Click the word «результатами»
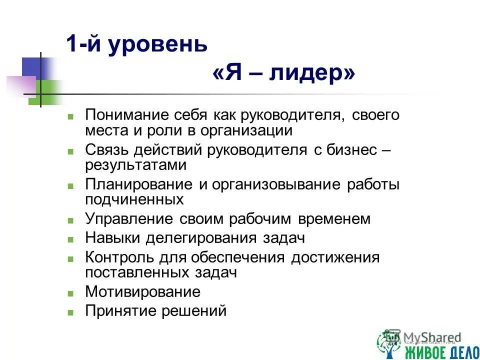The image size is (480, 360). [135, 165]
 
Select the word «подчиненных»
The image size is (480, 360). [134, 199]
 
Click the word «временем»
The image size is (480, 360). [334, 219]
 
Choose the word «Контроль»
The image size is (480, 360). [118, 257]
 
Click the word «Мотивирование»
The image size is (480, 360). [142, 291]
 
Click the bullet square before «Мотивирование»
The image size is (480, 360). [71, 293]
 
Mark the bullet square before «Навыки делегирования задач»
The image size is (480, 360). [71, 239]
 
